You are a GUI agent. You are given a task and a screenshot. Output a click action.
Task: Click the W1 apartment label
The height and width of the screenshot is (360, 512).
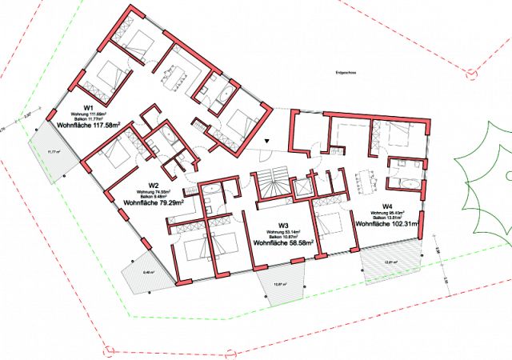coord(89,107)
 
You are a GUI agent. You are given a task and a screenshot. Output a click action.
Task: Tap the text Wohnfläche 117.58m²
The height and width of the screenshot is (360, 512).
coord(88,126)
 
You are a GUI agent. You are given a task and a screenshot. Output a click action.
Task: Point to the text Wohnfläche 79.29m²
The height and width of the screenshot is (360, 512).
coord(154,203)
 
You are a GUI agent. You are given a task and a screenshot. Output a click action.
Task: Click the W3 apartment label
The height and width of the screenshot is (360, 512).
coord(283,225)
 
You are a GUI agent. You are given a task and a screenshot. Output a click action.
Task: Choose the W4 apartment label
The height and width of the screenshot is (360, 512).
coord(387,206)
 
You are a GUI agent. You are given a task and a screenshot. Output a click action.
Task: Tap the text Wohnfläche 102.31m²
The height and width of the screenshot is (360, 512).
coord(387,224)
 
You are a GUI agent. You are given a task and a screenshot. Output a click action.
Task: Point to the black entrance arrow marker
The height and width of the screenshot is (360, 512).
coord(268,142)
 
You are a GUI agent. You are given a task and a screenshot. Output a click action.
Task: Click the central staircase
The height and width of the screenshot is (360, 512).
coord(270,192)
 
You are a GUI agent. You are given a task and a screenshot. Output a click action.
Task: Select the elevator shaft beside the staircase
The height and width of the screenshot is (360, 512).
coord(304,188)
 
